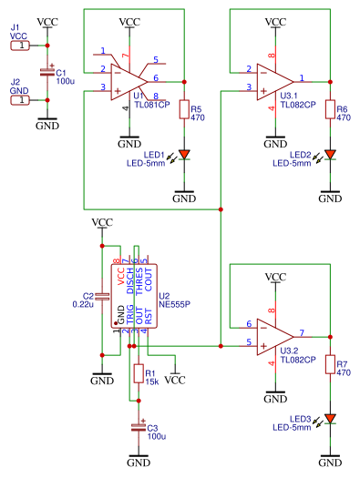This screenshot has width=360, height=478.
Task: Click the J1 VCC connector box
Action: tap(19, 45)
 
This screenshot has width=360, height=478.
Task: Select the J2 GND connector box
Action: tap(19, 99)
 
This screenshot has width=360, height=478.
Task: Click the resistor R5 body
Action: tap(184, 110)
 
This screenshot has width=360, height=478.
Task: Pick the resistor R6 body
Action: tap(330, 110)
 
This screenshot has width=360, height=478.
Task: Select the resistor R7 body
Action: tap(330, 365)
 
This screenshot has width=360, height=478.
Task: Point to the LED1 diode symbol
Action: tap(184, 155)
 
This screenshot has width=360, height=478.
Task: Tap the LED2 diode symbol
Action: tap(330, 155)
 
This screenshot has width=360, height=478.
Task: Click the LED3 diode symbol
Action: tap(330, 419)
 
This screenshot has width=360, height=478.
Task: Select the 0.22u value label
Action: tap(82, 305)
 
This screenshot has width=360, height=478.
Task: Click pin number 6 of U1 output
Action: tap(156, 76)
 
